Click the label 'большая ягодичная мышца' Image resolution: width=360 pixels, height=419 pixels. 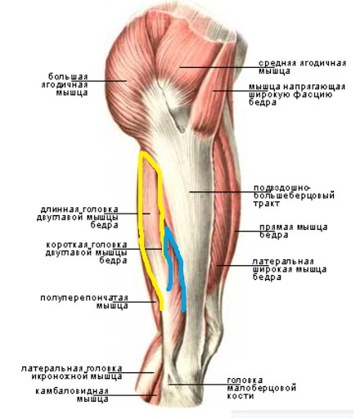(x=65, y=84)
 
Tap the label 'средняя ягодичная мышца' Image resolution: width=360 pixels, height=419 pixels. (x=302, y=67)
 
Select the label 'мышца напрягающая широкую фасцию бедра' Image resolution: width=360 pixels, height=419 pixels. (x=297, y=95)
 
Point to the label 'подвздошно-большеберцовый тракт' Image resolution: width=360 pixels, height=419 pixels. (x=294, y=196)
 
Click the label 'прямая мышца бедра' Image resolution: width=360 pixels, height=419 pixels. (x=294, y=231)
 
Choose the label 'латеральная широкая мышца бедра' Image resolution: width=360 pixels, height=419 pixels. (x=290, y=269)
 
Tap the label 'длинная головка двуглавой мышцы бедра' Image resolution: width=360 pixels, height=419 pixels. (x=78, y=218)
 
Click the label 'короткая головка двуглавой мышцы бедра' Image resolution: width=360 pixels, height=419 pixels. (x=87, y=253)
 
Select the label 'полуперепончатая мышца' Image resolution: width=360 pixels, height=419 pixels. (x=84, y=302)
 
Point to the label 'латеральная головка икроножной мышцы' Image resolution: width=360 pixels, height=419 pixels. (x=72, y=372)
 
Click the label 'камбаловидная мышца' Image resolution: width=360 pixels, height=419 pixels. (x=72, y=395)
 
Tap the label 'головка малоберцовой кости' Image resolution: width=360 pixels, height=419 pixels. (x=262, y=388)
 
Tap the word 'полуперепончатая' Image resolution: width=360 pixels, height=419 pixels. (x=84, y=298)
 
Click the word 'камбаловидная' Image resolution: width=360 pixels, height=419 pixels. (x=72, y=391)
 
